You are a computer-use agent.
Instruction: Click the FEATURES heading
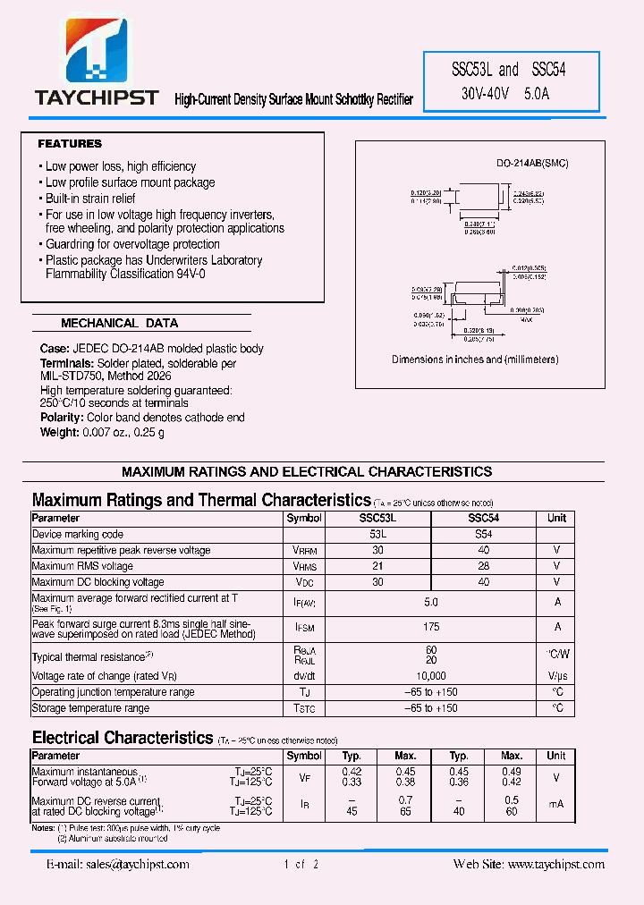tap(70, 144)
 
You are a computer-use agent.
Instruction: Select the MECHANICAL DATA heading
tap(119, 323)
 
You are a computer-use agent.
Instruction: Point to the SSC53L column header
tap(377, 518)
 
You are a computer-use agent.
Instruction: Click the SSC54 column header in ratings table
tap(483, 518)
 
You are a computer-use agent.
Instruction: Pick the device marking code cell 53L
tap(377, 534)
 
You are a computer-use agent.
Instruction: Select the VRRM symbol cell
tap(304, 550)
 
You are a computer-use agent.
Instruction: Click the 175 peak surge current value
tap(430, 629)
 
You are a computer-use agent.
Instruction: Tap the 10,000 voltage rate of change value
tap(430, 676)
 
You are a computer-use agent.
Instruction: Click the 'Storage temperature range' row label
tap(90, 708)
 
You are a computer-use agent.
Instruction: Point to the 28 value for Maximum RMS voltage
tap(483, 566)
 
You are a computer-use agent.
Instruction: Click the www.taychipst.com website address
tap(555, 864)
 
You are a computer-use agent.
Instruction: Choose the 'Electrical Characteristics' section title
tap(122, 738)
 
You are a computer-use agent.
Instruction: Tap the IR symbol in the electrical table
tap(304, 806)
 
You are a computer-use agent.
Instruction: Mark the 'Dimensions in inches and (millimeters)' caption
tap(475, 359)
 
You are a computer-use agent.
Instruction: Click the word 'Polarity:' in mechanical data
tap(61, 418)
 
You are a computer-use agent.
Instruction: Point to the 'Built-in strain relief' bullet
tap(90, 199)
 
